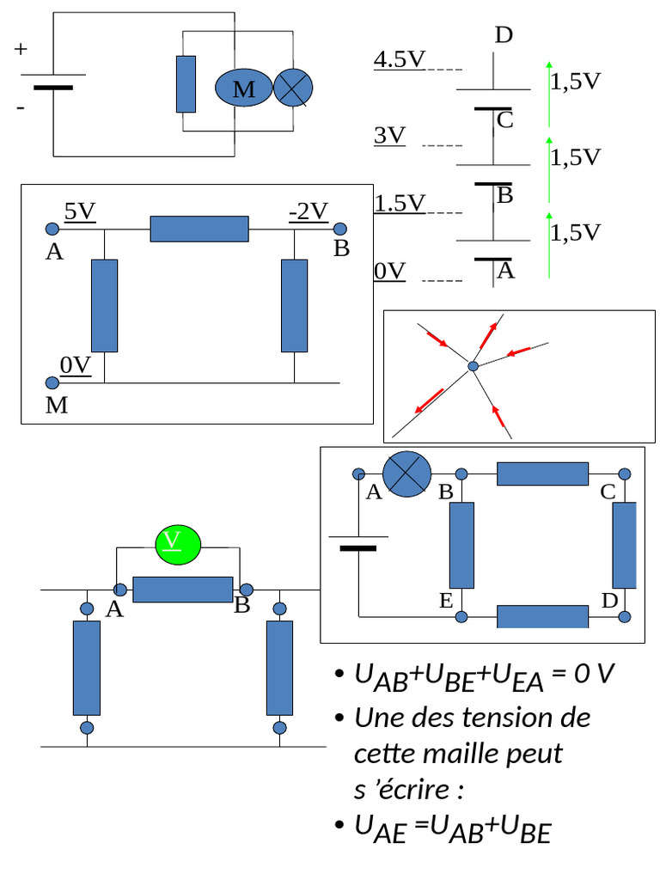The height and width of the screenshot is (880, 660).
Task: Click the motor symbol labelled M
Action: point(243,89)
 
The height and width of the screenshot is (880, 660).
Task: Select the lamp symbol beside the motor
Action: point(293,89)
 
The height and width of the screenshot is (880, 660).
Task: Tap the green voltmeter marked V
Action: point(177,542)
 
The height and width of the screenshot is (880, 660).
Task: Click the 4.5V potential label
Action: point(400,60)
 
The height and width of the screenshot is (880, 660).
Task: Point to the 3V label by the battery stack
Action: point(390,136)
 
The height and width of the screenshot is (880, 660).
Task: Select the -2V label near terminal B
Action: point(309,211)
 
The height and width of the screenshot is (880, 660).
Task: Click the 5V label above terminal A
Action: point(79,211)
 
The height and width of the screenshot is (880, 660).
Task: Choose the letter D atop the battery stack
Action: point(504,35)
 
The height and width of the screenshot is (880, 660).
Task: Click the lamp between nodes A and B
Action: point(406,474)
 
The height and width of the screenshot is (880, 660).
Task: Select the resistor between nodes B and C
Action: point(542,474)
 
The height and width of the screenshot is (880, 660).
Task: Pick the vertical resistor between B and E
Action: point(461,545)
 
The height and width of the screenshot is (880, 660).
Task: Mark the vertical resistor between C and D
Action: point(624,545)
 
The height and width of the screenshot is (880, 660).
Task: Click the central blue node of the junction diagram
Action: point(473,367)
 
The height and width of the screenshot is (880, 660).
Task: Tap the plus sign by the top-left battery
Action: point(21,50)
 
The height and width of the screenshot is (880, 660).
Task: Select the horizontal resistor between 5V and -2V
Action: point(199,229)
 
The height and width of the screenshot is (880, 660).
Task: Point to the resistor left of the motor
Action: point(186,84)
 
